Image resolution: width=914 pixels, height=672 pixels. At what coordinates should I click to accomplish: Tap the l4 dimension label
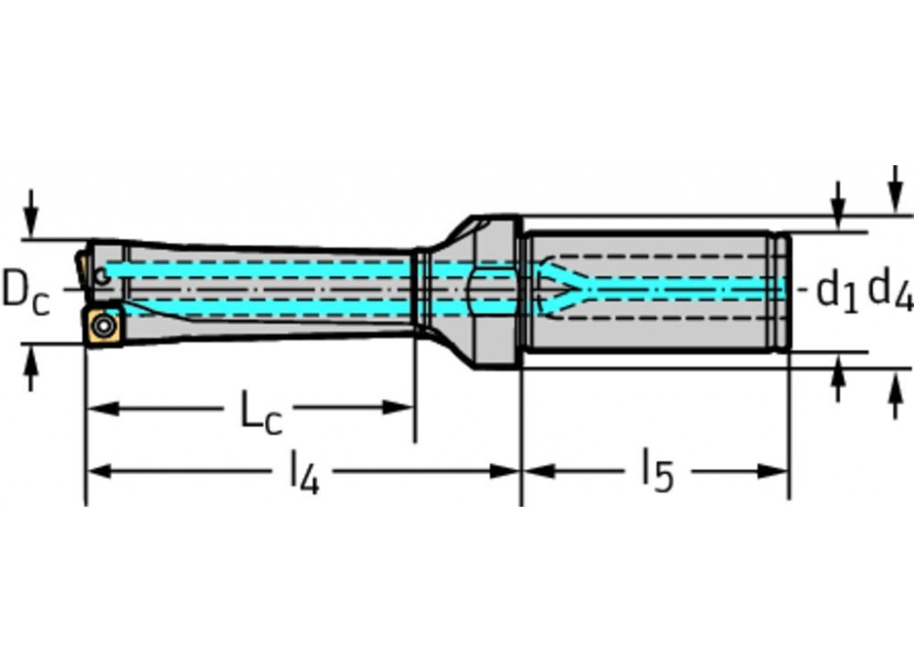[x=304, y=473]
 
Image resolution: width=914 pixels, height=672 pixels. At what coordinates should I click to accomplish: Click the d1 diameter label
[x=837, y=291]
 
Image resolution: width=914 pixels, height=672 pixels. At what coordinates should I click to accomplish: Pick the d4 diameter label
[x=889, y=289]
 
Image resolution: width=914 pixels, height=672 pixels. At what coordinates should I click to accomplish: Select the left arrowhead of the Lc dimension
[x=99, y=407]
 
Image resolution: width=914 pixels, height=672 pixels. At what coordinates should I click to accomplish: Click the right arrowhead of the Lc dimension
[x=403, y=407]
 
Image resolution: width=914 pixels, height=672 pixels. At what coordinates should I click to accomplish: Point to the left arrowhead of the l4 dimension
[x=99, y=471]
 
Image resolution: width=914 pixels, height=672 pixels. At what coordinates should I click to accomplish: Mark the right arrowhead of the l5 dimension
[x=776, y=471]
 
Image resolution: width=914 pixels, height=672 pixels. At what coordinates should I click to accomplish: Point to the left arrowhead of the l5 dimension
[x=535, y=471]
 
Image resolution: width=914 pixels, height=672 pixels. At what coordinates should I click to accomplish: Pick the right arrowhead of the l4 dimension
[x=507, y=471]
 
